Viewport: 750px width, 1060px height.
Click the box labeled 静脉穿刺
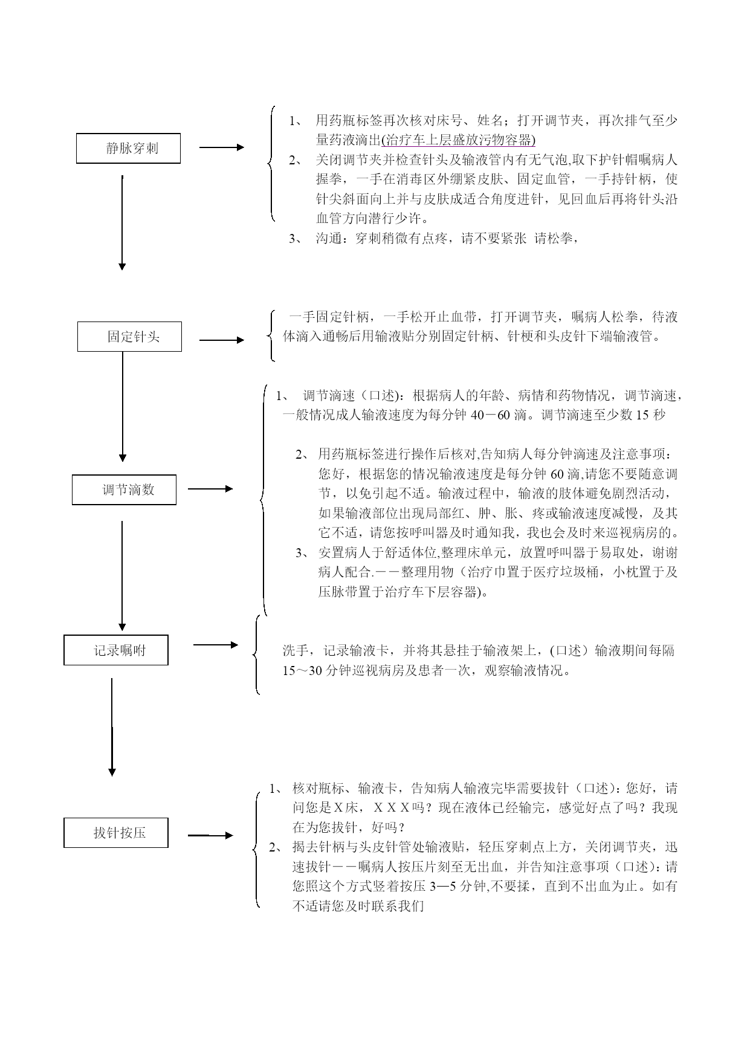[128, 148]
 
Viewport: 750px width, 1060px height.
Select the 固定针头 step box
[129, 337]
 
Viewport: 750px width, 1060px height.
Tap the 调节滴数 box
[124, 490]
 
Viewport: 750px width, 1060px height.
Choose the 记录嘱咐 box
[116, 650]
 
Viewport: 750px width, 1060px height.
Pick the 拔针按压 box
[116, 832]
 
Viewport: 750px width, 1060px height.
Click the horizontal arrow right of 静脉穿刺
[222, 147]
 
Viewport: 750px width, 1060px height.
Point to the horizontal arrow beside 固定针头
[222, 340]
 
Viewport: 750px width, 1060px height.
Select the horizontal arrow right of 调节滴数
[210, 489]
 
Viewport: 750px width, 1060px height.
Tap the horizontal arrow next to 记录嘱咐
[216, 645]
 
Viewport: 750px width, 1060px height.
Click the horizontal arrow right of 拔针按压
[210, 835]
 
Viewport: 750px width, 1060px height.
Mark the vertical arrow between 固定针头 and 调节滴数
[123, 407]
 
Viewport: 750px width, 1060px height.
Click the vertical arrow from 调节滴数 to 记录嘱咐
[122, 576]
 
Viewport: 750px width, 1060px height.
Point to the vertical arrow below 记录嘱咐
[112, 727]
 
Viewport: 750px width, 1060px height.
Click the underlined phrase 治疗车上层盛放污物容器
[459, 140]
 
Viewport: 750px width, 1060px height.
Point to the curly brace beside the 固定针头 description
[270, 336]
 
